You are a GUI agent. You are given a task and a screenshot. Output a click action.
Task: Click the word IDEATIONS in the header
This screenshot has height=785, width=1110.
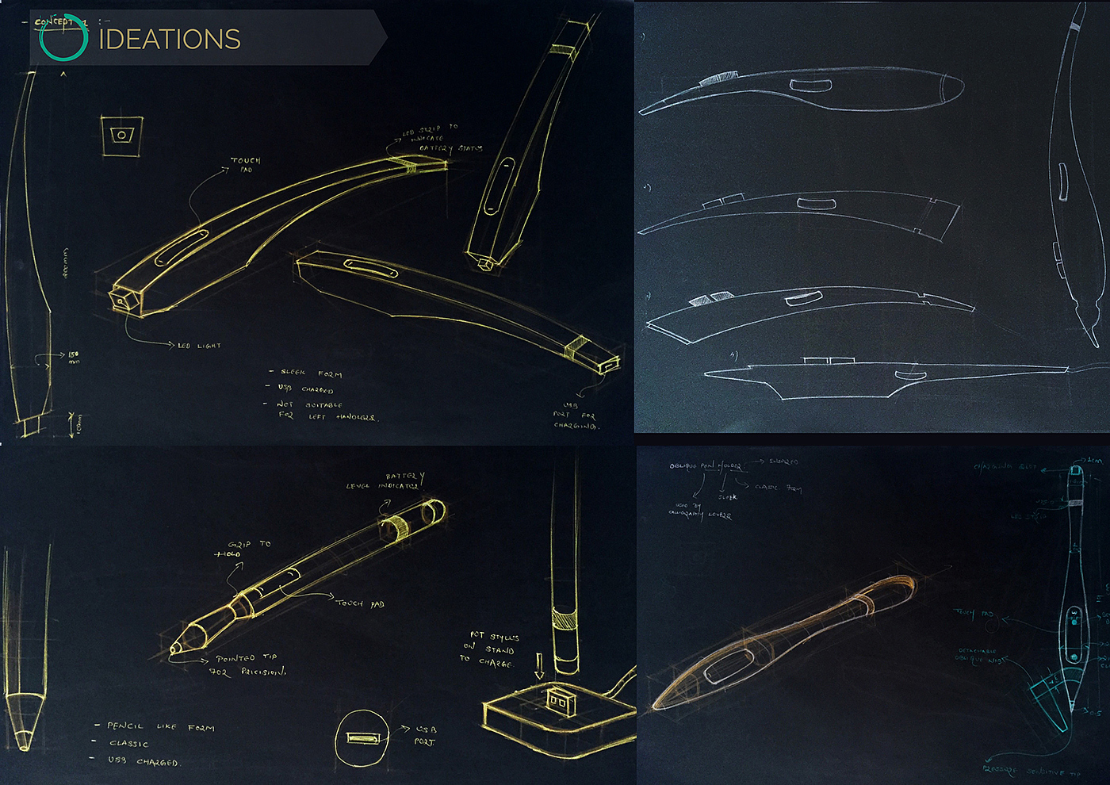tap(169, 39)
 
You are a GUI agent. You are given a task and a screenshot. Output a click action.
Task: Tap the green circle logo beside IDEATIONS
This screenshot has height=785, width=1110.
tap(63, 37)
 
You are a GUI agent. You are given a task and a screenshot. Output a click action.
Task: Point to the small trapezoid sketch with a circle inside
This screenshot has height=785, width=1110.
tap(121, 135)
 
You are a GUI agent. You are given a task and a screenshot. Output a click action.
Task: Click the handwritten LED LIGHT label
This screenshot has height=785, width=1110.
tap(199, 346)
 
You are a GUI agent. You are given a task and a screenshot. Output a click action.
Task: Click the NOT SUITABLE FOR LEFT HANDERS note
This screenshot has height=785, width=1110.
tap(325, 410)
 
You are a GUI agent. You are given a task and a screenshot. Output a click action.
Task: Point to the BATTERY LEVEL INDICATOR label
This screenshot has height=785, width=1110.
tap(388, 481)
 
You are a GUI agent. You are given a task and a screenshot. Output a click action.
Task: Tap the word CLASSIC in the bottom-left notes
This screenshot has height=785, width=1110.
tap(129, 744)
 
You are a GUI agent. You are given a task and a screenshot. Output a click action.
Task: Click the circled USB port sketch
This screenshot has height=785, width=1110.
tap(362, 738)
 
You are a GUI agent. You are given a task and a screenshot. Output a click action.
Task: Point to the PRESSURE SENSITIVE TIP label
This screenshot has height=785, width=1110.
tap(1031, 771)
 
